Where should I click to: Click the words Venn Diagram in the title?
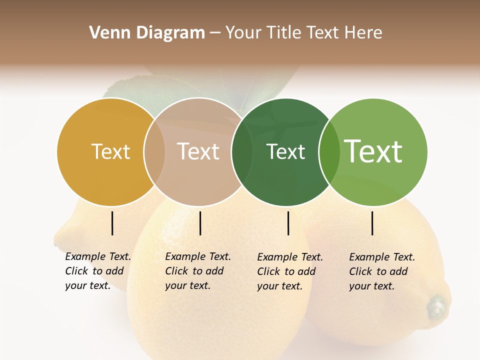(x=147, y=33)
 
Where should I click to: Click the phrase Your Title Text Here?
(x=303, y=33)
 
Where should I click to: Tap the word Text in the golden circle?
(x=110, y=151)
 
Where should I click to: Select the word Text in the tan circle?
(x=198, y=151)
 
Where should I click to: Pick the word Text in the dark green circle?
(x=285, y=151)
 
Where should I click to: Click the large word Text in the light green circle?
(x=373, y=151)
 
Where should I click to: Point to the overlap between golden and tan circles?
(x=154, y=152)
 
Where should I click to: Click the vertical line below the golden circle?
(x=112, y=223)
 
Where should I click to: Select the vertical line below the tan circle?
(x=200, y=223)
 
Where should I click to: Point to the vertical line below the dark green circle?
(x=288, y=223)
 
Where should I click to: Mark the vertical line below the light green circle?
(x=372, y=223)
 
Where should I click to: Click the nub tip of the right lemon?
(x=437, y=305)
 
